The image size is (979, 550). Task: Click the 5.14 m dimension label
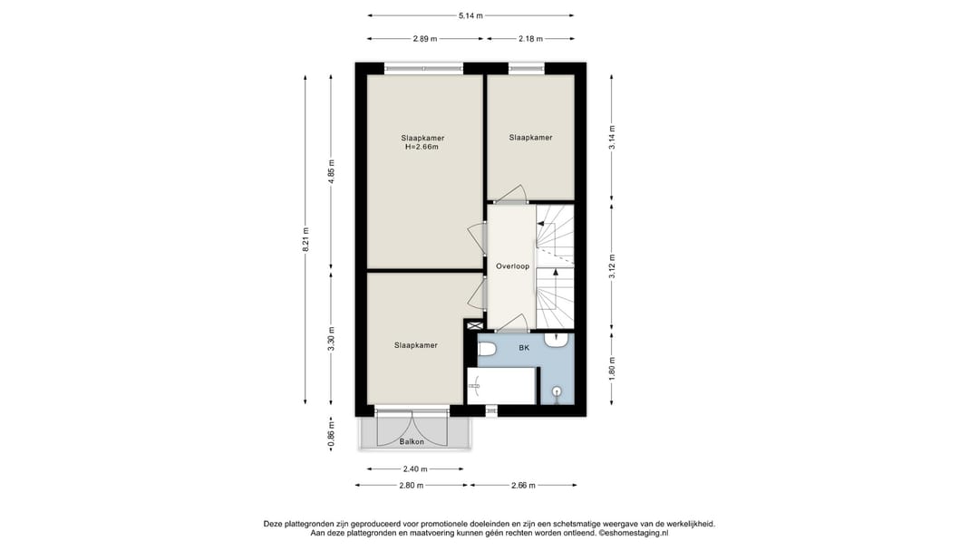point(470,15)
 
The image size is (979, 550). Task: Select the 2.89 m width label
point(424,39)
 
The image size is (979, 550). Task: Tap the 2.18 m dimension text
point(530,39)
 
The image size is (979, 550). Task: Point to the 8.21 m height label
point(306,240)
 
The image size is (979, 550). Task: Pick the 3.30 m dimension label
point(332,339)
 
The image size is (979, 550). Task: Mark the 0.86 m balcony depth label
point(332,435)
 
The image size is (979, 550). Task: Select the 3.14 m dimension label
point(612,138)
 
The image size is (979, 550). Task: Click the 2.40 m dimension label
point(415,468)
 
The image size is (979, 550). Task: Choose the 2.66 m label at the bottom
point(523,485)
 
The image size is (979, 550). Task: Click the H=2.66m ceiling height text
point(422,148)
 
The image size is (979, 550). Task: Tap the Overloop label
point(512,266)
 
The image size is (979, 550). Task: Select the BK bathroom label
point(524,348)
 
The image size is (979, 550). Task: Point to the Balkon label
point(412,442)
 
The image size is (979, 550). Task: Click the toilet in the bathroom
point(487,348)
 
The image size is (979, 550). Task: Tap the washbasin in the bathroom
point(556,340)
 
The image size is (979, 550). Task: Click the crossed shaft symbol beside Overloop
point(474,325)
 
